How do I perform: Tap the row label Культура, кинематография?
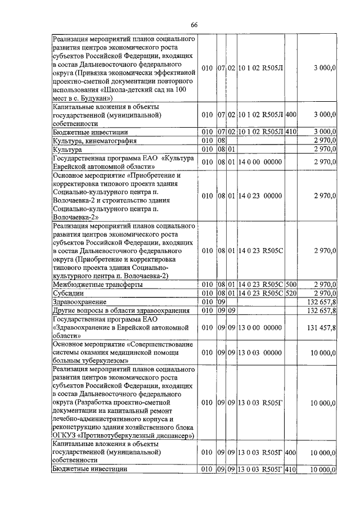coord(94,140)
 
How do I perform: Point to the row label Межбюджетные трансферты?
coord(97,285)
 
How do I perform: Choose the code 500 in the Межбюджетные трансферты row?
coord(291,285)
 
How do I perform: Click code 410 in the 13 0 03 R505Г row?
coord(291,469)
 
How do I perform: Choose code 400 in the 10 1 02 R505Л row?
coord(291,114)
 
